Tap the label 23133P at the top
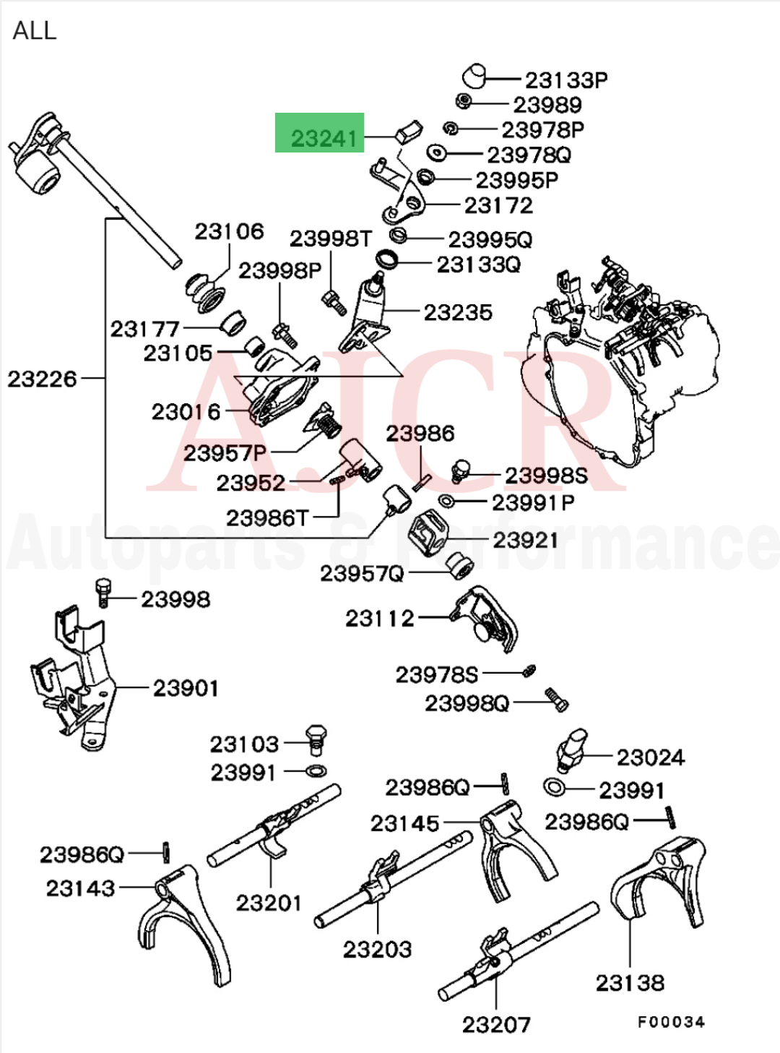point(565,79)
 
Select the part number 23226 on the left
point(42,379)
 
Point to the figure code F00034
point(671,1022)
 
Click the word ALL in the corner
point(34,30)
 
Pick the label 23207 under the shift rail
point(496,1024)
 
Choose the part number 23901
point(186,688)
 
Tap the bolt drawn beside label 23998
point(103,592)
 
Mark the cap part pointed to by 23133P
point(473,74)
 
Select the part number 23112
point(380,619)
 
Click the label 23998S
point(546,476)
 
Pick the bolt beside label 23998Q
point(556,699)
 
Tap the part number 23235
point(458,313)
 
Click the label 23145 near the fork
point(404,823)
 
